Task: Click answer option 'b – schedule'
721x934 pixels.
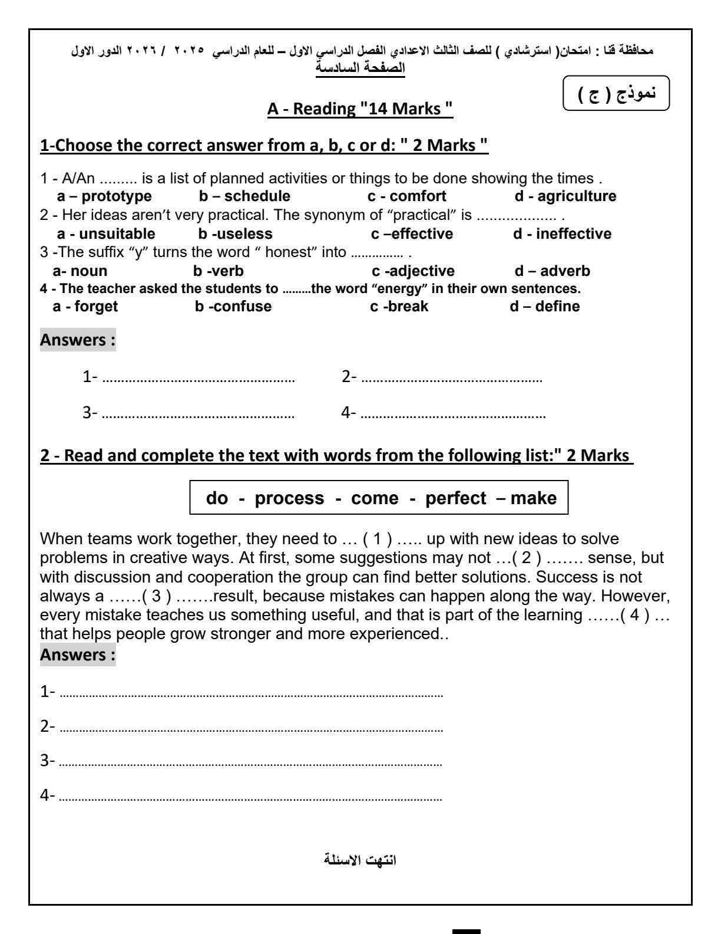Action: tap(244, 196)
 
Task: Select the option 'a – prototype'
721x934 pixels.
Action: tap(104, 196)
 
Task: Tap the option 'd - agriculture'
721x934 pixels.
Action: tap(565, 196)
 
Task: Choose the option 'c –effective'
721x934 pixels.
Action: tap(412, 234)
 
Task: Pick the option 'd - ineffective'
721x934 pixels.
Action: tap(562, 234)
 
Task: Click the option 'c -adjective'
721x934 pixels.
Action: tap(413, 271)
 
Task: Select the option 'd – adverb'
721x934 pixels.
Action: tap(552, 271)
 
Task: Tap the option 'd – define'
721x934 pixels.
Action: tap(545, 307)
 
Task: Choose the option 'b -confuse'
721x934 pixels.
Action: tap(233, 307)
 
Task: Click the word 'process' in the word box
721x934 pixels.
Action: tap(289, 498)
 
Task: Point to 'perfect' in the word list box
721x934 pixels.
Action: tap(456, 498)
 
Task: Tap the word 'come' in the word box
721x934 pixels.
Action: tap(375, 498)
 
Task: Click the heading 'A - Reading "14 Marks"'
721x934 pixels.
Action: tap(360, 109)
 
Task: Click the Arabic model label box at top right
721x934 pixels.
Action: tap(617, 94)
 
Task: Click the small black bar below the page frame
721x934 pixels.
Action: tap(467, 931)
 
